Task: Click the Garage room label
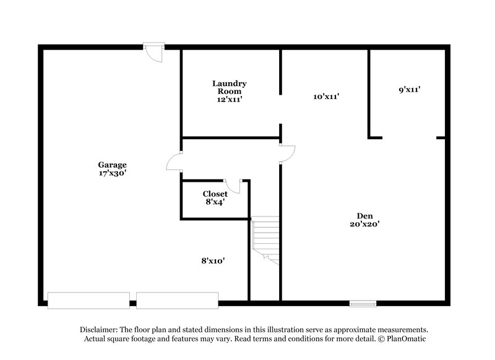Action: click(112, 165)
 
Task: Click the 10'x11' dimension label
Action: click(327, 96)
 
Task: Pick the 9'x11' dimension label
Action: click(410, 90)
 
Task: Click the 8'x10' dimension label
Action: click(212, 261)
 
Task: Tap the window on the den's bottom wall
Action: click(363, 303)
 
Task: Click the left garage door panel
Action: click(88, 300)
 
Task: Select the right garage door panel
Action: click(178, 300)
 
